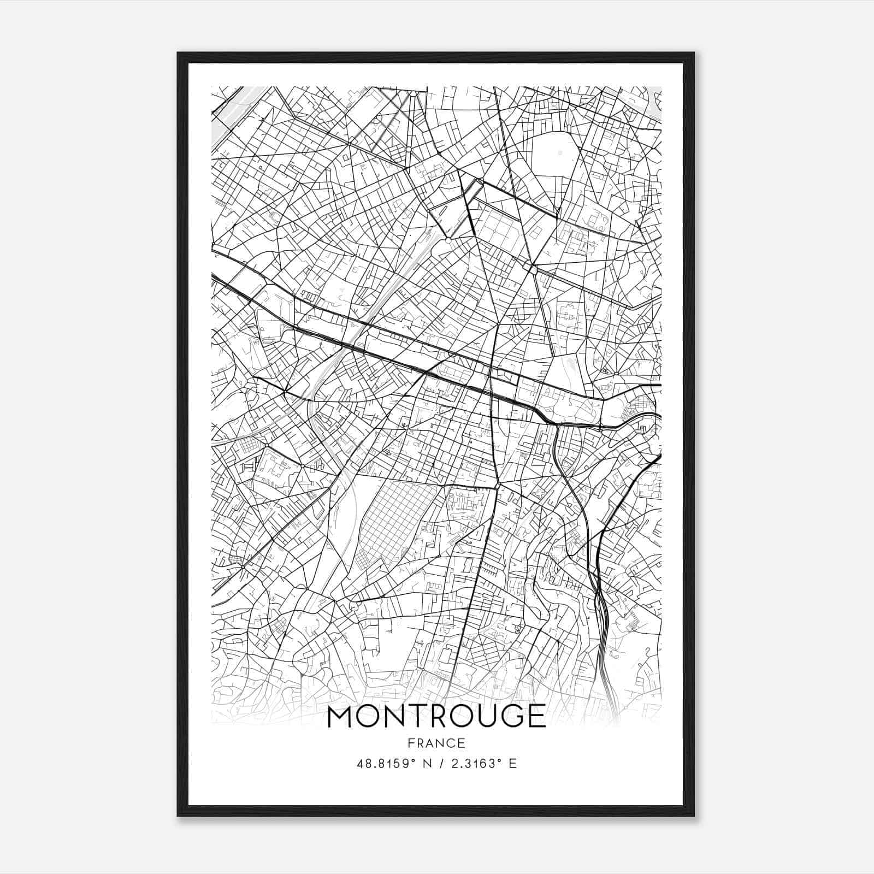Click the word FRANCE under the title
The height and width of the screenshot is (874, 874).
click(x=436, y=743)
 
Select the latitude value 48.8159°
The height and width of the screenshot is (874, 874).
click(x=387, y=764)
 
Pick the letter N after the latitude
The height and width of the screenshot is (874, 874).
click(x=428, y=764)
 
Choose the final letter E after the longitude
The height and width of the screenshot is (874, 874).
click(x=512, y=764)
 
